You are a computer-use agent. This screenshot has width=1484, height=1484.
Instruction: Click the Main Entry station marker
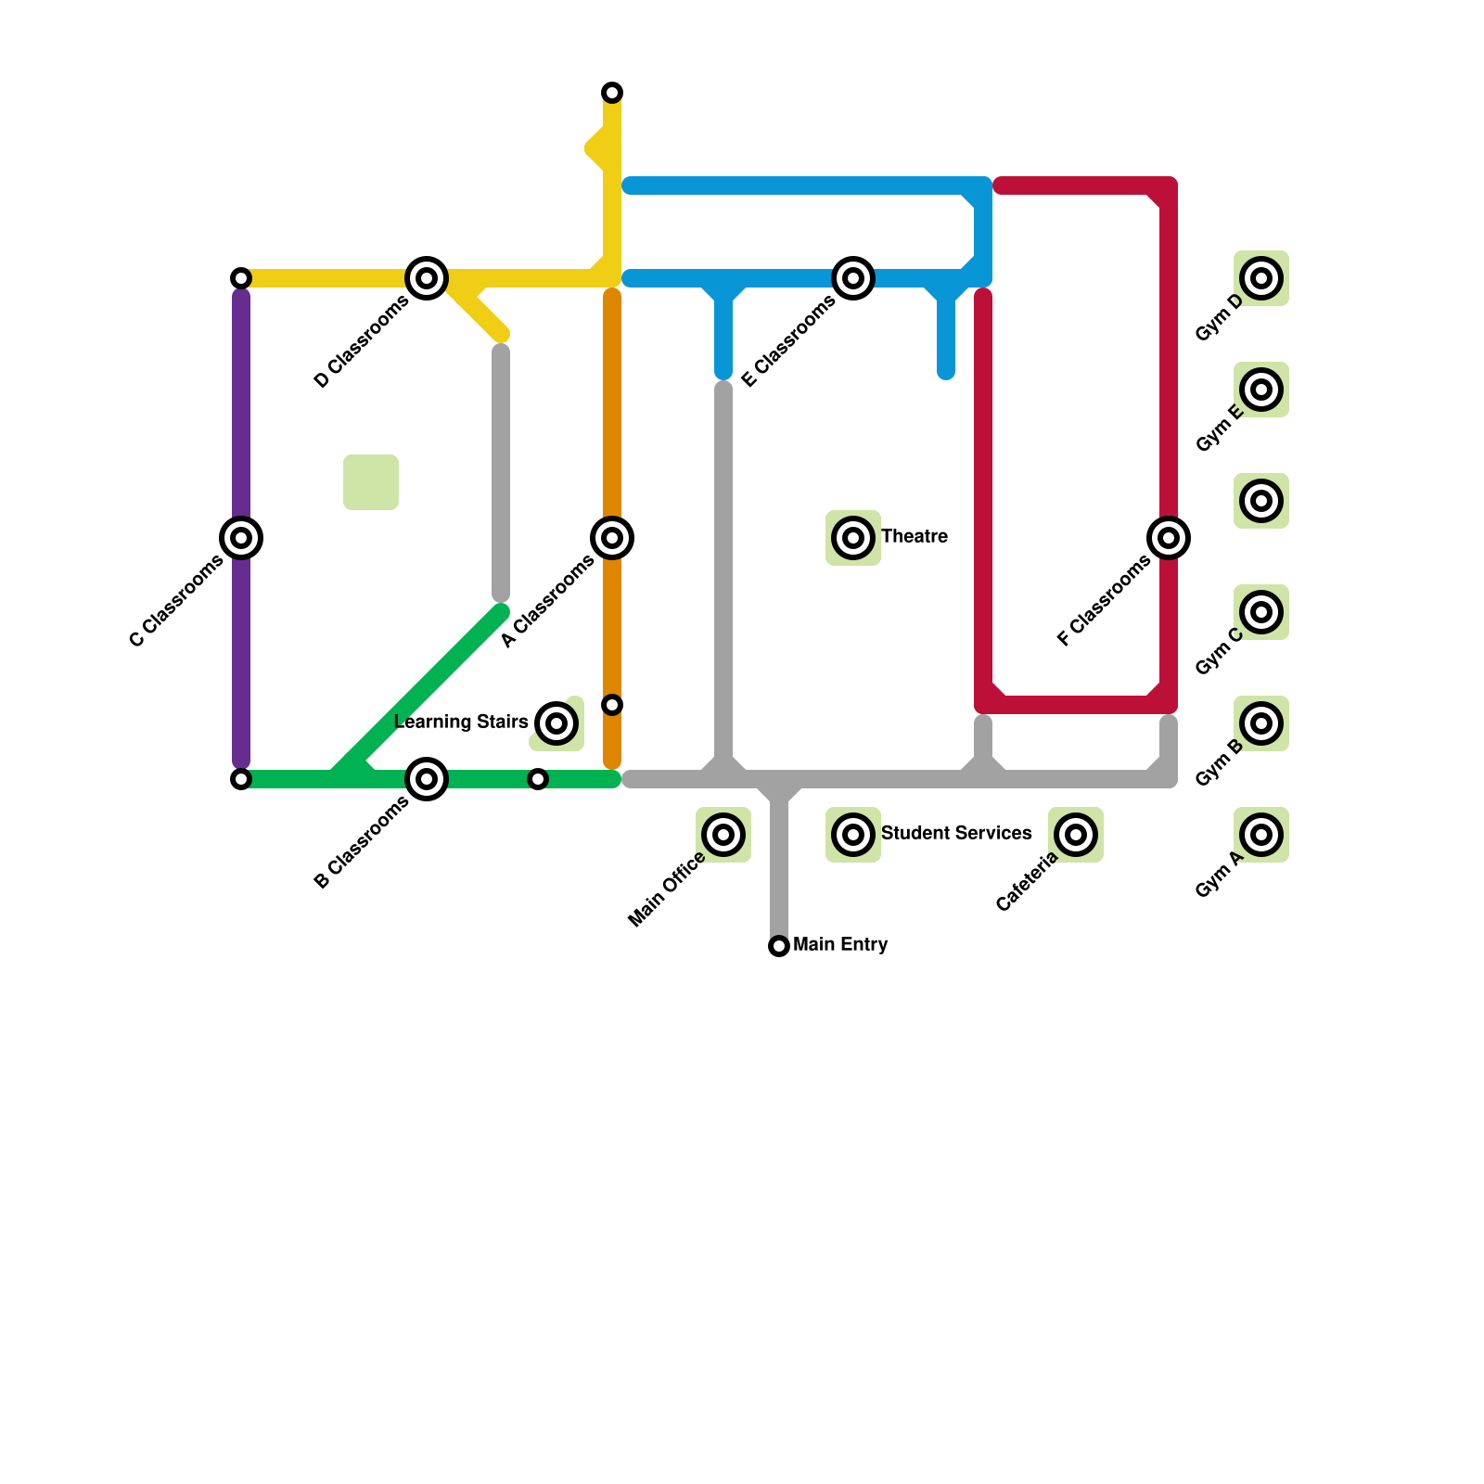point(779,946)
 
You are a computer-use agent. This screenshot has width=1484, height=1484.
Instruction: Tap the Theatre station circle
point(853,538)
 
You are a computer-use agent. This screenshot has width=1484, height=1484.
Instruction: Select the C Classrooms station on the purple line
point(241,538)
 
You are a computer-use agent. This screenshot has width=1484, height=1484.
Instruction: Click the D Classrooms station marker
point(427,278)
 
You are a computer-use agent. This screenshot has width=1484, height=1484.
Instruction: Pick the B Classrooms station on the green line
point(427,779)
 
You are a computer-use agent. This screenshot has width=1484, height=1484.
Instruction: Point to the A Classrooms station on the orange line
point(612,538)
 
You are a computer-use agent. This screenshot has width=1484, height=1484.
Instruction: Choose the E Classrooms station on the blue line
point(853,278)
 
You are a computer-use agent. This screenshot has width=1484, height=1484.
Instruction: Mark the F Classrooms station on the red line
point(1169,538)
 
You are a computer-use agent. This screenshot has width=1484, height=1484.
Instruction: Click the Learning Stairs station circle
point(556,723)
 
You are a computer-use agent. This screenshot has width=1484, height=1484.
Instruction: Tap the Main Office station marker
point(723,835)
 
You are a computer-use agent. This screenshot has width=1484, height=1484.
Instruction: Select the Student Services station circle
point(853,835)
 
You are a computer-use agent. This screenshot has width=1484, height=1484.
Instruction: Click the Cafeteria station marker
point(1076,835)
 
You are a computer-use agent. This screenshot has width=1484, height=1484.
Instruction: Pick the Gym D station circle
point(1261,278)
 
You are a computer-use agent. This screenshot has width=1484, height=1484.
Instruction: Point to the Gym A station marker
point(1261,835)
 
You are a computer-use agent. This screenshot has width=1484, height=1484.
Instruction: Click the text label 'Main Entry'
point(840,945)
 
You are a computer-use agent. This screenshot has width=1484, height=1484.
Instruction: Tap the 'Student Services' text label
point(955,834)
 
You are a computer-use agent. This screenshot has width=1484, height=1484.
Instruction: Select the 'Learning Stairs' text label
point(461,723)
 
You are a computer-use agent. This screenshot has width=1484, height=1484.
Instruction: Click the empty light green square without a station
point(371,482)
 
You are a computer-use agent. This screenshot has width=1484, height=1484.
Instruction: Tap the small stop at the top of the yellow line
point(612,93)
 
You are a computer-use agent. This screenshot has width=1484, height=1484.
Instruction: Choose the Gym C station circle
point(1261,612)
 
